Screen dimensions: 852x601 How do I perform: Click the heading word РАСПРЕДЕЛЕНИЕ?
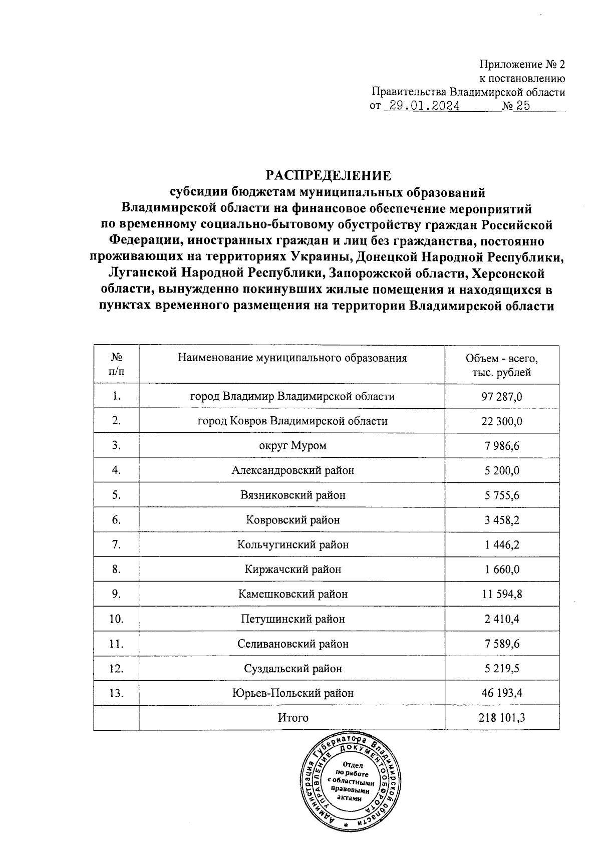pos(328,175)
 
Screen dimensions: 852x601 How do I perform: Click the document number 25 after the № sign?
pos(520,106)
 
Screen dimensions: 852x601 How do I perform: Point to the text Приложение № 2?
pos(522,64)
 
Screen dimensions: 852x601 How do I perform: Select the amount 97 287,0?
pos(502,397)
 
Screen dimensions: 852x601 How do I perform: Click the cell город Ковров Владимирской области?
pos(292,421)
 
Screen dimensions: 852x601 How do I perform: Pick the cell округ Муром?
pos(292,446)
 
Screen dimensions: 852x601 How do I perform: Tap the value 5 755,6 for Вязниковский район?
pos(502,495)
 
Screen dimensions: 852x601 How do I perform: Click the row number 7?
pos(116,544)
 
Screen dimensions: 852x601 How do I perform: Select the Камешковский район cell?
pos(292,594)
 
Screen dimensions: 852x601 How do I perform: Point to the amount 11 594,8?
pos(502,594)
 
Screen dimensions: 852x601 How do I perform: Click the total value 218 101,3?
pos(502,718)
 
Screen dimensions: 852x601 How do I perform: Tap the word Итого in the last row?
pos(293,718)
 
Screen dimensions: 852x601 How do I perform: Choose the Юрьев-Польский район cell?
pos(292,693)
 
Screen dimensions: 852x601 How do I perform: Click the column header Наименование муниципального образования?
pos(292,358)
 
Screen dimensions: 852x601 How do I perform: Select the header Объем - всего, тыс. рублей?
pos(502,365)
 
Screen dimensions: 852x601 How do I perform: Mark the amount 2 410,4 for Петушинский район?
pos(502,619)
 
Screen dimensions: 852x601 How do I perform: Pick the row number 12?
pos(116,669)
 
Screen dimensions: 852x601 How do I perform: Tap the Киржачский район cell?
pos(292,570)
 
